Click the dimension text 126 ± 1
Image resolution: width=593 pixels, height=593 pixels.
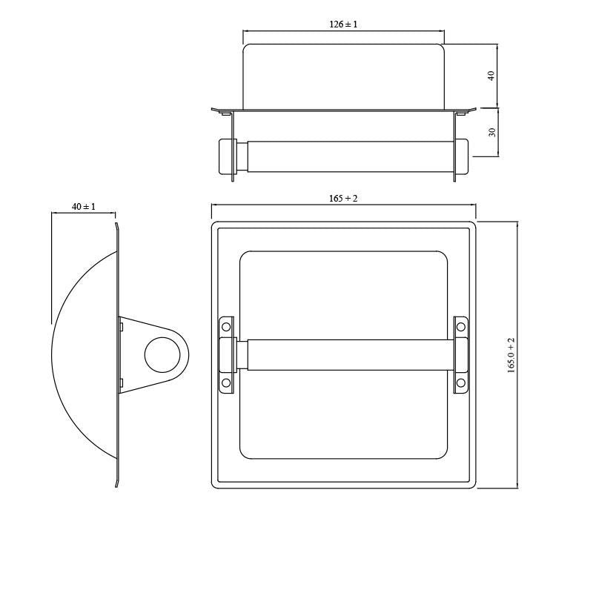[343, 24]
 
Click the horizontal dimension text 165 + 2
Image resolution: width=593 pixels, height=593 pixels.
[343, 199]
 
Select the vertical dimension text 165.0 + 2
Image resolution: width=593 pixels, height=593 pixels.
[511, 355]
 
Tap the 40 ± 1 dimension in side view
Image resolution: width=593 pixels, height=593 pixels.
[84, 207]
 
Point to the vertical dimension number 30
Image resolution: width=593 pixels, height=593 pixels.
[492, 132]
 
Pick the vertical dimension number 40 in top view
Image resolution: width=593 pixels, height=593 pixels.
[491, 76]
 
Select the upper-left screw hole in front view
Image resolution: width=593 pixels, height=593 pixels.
[227, 327]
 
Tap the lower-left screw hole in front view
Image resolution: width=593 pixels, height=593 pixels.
[227, 382]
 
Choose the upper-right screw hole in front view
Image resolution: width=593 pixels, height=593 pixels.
[461, 327]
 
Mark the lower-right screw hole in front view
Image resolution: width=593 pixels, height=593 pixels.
[461, 382]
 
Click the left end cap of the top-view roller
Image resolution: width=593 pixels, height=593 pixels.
[225, 156]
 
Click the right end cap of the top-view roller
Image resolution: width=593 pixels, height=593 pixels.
[462, 156]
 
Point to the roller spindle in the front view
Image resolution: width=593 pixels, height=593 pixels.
[344, 354]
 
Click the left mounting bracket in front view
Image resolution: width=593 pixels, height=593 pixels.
[227, 355]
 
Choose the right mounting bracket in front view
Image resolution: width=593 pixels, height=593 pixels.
[461, 355]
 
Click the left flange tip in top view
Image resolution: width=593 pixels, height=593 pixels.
[216, 110]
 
